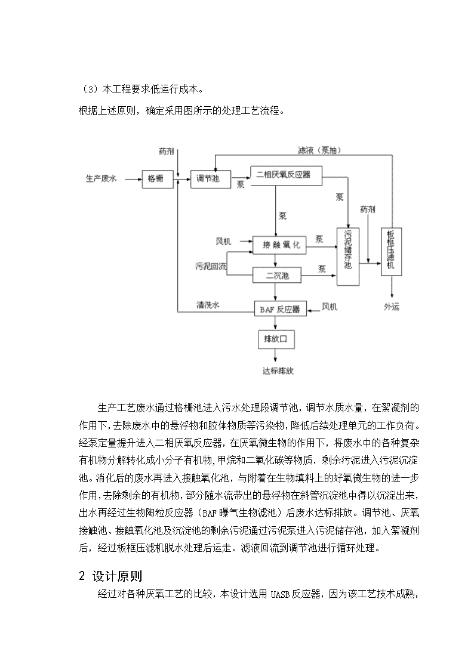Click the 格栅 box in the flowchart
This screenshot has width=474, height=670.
tap(158, 178)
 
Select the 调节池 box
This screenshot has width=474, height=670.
tap(210, 178)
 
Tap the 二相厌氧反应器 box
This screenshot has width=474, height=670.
tap(286, 175)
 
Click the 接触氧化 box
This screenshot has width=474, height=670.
tap(279, 245)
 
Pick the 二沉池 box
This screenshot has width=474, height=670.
tap(277, 276)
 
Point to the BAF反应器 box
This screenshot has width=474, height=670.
tap(281, 308)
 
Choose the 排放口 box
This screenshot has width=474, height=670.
tap(276, 339)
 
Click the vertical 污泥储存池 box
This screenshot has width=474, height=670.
tap(348, 257)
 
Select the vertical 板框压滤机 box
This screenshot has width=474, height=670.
tap(391, 252)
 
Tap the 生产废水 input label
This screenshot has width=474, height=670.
tap(101, 178)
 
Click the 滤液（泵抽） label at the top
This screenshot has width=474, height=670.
tap(320, 150)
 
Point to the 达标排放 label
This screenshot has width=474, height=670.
tap(278, 370)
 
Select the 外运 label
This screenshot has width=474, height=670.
tap(392, 307)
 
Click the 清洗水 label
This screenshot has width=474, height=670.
tap(208, 304)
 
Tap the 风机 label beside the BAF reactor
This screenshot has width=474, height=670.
tap(330, 307)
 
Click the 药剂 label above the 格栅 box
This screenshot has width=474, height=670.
tap(167, 152)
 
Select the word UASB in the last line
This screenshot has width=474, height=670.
tap(280, 594)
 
